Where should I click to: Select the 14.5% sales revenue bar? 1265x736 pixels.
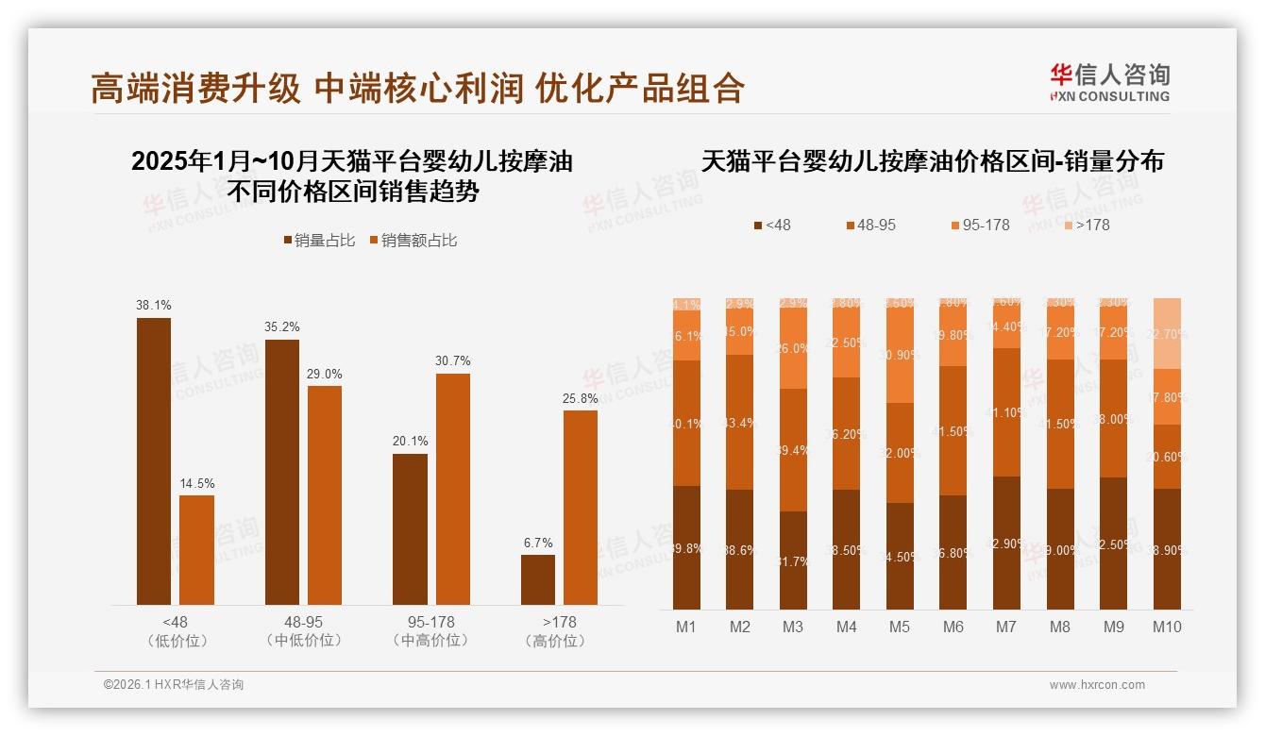pyautogui.click(x=196, y=549)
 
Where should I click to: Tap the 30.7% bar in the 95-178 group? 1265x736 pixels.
pyautogui.click(x=452, y=489)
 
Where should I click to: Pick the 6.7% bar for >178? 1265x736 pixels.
pyautogui.click(x=538, y=579)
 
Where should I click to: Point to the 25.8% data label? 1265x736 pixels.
pyautogui.click(x=581, y=399)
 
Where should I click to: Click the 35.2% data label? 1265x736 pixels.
pyautogui.click(x=282, y=328)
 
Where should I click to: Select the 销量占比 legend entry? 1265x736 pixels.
pyautogui.click(x=319, y=241)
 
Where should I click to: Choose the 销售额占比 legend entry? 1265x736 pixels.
pyautogui.click(x=413, y=241)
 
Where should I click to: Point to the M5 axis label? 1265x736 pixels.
pyautogui.click(x=900, y=627)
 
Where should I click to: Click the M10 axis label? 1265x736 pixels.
pyautogui.click(x=1167, y=627)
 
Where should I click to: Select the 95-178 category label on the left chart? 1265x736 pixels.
pyautogui.click(x=430, y=623)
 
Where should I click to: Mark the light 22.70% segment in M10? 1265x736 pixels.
pyautogui.click(x=1167, y=333)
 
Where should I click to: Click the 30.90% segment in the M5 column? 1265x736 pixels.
pyautogui.click(x=900, y=355)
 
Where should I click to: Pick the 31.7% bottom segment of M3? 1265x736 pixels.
pyautogui.click(x=793, y=560)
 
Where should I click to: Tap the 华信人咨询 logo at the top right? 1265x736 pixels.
pyautogui.click(x=1109, y=82)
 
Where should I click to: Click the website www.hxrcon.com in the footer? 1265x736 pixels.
pyautogui.click(x=1097, y=685)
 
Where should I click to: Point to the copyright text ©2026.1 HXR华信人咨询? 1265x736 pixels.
pyautogui.click(x=174, y=685)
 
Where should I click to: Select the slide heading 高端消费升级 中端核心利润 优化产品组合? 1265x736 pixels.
pyautogui.click(x=417, y=89)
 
